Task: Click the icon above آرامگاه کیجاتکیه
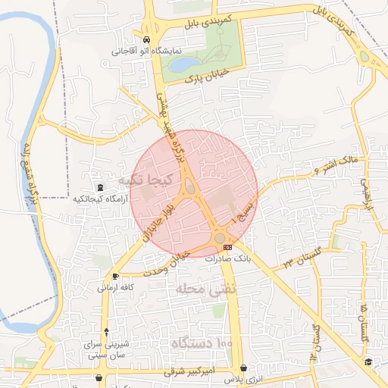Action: [100, 187]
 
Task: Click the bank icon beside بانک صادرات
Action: [228, 247]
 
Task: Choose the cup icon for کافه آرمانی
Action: [115, 276]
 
